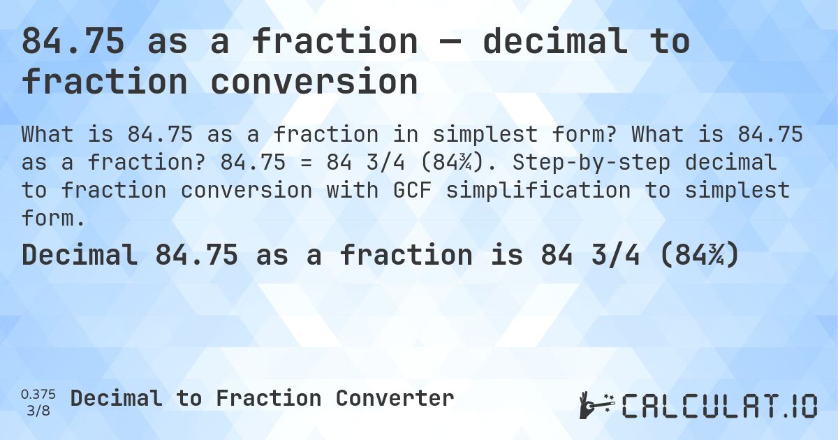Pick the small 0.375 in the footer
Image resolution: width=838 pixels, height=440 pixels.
38,394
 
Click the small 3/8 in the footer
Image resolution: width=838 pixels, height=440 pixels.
38,409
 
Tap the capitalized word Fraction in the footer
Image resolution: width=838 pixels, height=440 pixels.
269,399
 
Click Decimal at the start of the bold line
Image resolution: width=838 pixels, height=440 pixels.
80,256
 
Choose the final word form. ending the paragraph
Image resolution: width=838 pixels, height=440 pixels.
53,218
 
